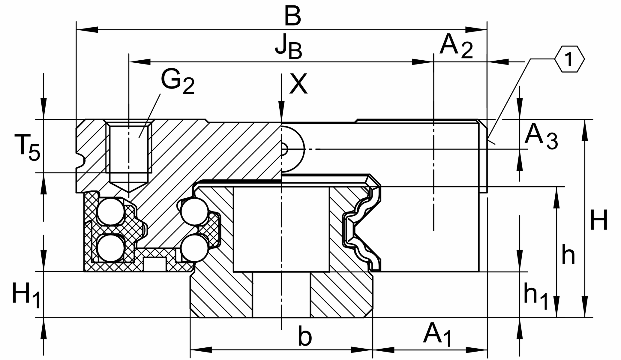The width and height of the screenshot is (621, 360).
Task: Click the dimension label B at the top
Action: (292, 17)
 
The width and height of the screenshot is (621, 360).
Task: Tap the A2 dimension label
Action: (456, 47)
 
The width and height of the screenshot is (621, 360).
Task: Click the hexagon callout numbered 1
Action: (569, 59)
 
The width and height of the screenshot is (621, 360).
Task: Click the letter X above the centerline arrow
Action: (298, 84)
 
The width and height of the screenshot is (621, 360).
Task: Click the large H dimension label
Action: (599, 220)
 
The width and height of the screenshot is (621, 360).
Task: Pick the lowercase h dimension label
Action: (568, 255)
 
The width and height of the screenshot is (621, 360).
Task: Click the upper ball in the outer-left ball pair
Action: (111, 211)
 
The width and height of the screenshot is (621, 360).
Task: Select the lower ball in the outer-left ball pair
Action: (111, 248)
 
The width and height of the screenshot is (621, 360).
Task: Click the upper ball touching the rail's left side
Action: (195, 211)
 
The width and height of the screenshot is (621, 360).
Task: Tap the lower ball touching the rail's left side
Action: (195, 248)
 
